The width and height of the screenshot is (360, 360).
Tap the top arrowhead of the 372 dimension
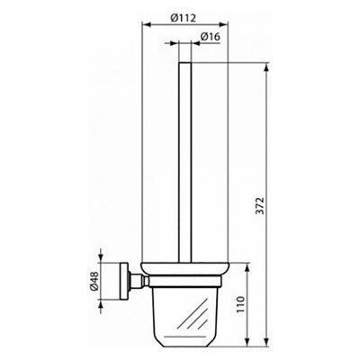click(x=267, y=67)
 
